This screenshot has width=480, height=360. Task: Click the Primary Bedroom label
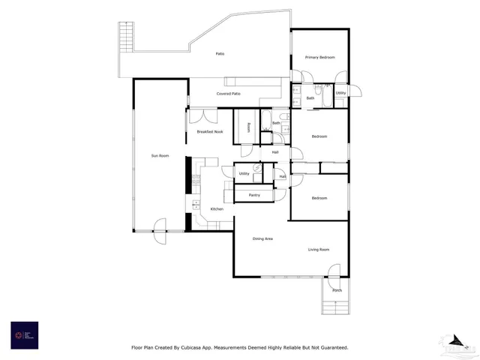tap(319, 58)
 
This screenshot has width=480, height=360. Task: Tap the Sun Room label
tap(160, 155)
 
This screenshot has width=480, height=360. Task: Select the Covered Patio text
tap(229, 94)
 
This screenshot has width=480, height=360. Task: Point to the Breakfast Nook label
tap(210, 131)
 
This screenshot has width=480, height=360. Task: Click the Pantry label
tap(254, 195)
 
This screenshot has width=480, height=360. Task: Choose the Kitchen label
tap(217, 208)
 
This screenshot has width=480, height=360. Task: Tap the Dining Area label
tap(262, 238)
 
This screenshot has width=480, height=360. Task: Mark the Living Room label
tap(319, 249)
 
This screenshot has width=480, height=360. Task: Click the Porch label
tap(337, 289)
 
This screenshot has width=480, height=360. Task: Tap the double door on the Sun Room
tap(160, 225)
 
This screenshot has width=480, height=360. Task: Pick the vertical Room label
tap(248, 127)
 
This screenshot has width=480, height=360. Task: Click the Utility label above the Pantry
tap(244, 173)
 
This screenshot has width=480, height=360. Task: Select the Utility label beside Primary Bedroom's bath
tap(341, 93)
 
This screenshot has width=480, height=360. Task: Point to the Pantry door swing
tap(280, 193)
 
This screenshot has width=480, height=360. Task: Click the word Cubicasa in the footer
tap(203, 347)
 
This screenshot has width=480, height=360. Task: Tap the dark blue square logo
tap(24, 334)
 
